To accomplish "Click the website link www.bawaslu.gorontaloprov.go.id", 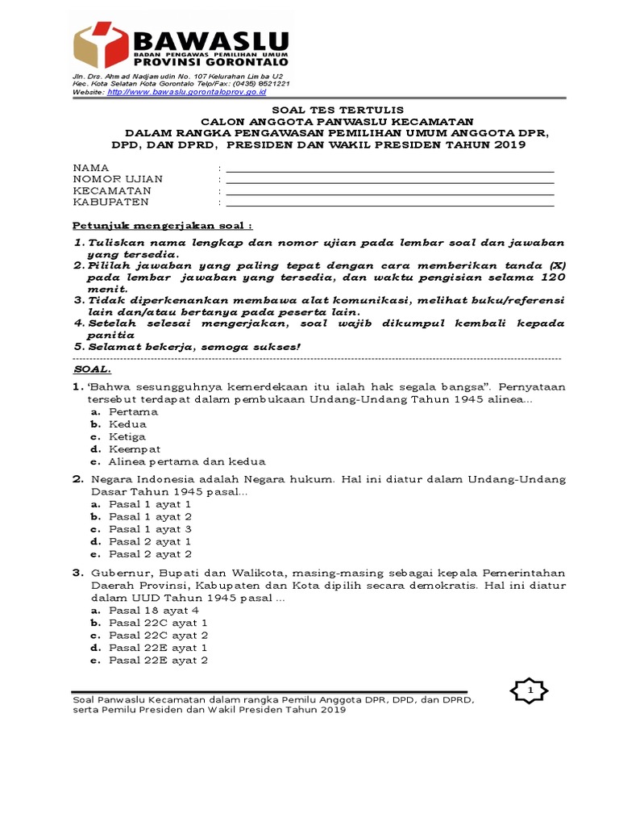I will click(186, 93).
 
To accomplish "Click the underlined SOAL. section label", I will click(92, 369).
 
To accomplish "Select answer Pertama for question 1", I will click(133, 411).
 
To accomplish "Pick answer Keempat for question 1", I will click(135, 448).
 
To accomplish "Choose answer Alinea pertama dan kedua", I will click(187, 461).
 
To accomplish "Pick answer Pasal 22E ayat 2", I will click(158, 660).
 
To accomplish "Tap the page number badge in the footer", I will click(530, 691).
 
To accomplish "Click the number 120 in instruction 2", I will click(550, 277).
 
